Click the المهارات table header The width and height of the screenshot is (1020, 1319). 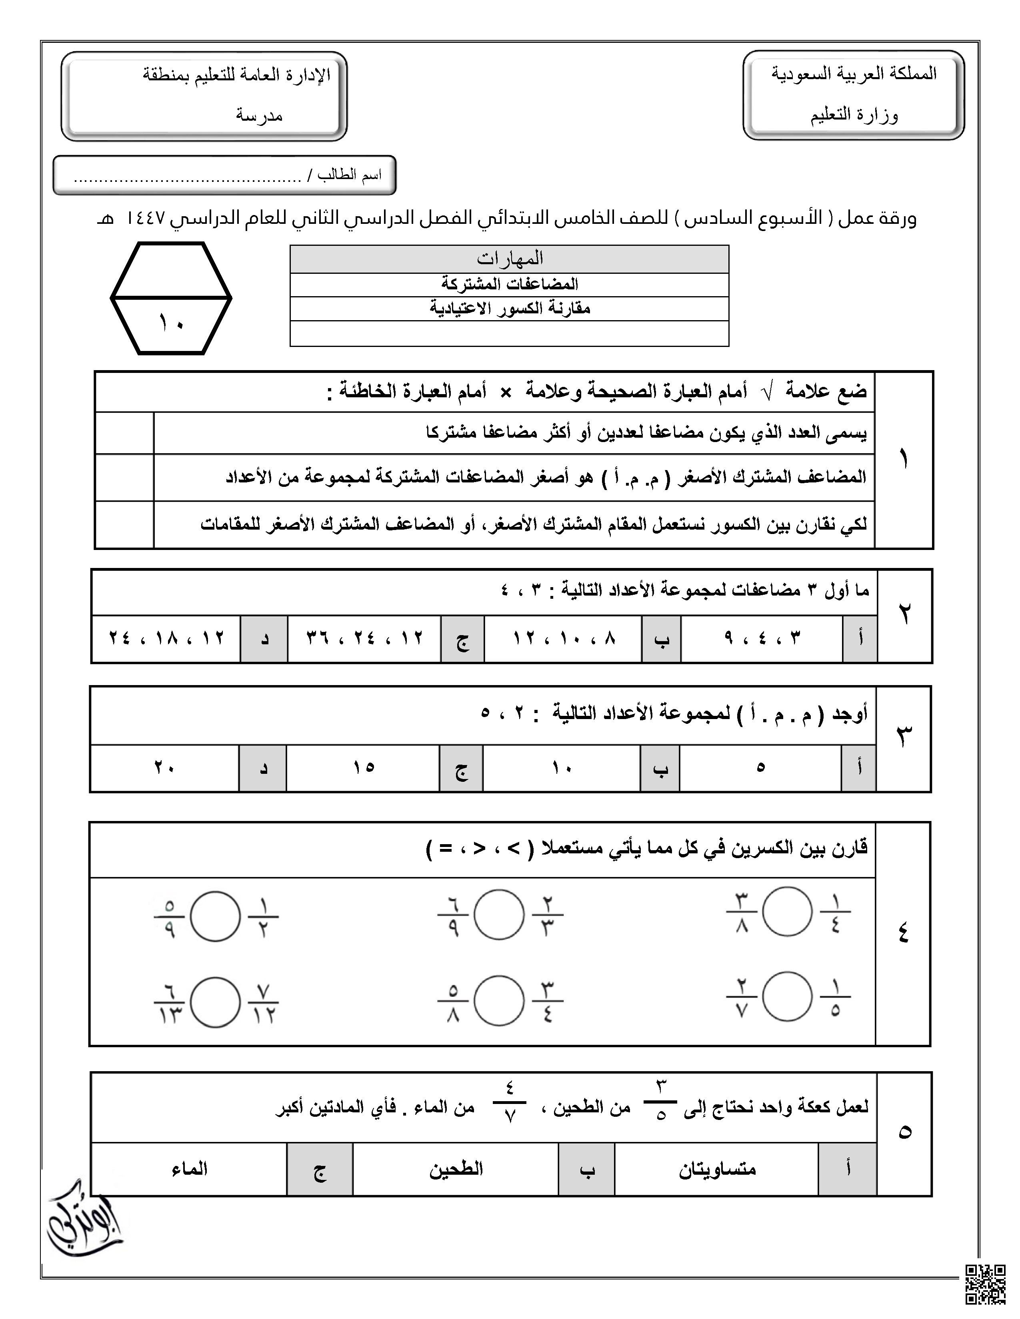pos(509,259)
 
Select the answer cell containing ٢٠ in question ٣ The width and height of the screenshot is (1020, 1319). pos(164,767)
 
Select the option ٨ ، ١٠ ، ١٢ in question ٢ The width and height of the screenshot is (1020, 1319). pos(563,638)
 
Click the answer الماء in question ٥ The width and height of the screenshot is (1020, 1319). pos(189,1169)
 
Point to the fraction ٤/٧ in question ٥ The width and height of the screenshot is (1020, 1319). pos(509,1103)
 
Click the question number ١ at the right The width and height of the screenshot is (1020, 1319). pos(904,460)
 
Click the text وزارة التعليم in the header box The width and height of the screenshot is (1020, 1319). pos(854,115)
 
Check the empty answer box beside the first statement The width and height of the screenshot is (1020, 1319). pos(124,433)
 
